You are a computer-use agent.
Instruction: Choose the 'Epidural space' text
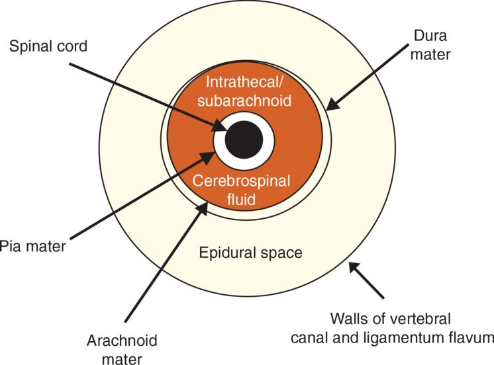coord(251,252)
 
